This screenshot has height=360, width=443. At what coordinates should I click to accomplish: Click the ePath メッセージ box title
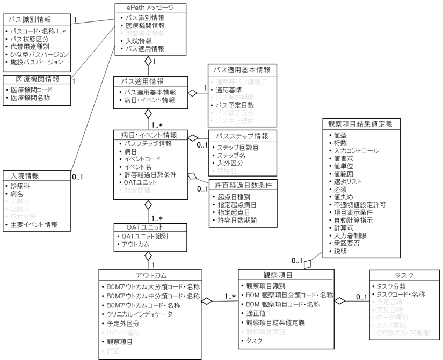[151, 8]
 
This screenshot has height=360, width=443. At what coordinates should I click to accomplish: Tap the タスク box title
[403, 275]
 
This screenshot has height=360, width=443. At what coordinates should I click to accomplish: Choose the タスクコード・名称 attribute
[401, 294]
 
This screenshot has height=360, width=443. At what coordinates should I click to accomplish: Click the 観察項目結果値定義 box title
[360, 123]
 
